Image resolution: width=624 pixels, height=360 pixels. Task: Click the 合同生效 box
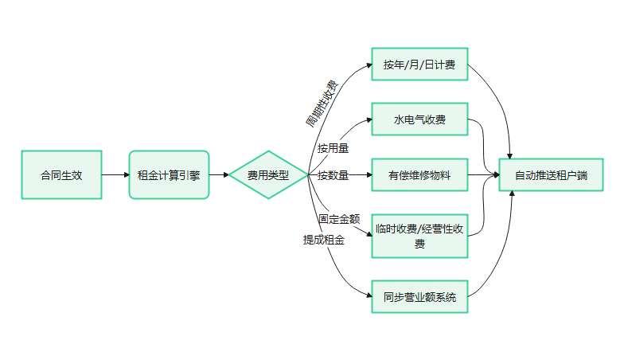61,175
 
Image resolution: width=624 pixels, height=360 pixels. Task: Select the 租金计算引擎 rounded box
169,175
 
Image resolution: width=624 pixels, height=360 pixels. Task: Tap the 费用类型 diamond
268,175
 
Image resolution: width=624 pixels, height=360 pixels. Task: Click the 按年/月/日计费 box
419,65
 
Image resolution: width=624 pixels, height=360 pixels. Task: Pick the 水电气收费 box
419,120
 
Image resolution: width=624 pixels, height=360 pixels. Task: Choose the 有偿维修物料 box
419,175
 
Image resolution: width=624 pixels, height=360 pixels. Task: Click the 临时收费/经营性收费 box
419,236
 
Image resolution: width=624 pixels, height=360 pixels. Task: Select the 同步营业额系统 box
419,298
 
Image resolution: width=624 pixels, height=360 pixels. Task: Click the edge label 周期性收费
322,104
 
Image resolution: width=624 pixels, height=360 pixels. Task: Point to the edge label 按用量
333,148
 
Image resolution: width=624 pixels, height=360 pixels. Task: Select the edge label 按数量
333,175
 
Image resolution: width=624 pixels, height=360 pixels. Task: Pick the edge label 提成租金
323,239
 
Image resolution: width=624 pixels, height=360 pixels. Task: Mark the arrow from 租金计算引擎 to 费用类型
218,175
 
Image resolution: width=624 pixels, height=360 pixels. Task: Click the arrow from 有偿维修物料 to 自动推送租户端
483,175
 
